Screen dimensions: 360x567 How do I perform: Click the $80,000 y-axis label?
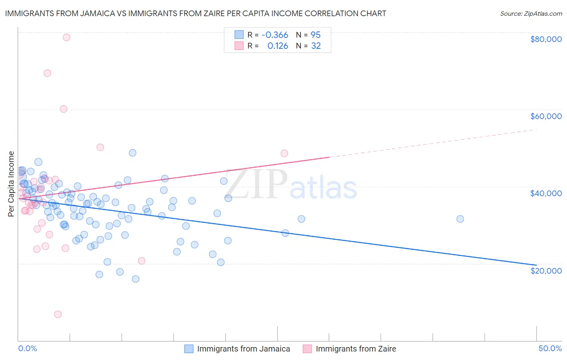click(546, 39)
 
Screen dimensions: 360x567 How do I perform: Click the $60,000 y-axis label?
click(546, 116)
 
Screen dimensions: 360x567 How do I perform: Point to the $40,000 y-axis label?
click(546, 193)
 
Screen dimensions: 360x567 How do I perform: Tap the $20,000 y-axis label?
click(546, 270)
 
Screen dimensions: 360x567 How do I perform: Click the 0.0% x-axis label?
click(27, 348)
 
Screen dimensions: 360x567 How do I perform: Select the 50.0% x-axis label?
click(550, 348)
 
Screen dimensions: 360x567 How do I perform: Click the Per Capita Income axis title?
click(11, 184)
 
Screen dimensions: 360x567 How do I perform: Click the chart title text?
click(196, 14)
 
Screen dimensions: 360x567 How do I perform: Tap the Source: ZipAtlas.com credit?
click(531, 14)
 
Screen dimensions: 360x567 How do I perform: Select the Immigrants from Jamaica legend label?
click(244, 349)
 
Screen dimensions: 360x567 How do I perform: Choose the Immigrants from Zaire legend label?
click(356, 349)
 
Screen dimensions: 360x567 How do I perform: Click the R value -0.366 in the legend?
click(275, 35)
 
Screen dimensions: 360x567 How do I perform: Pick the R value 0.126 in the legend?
click(277, 46)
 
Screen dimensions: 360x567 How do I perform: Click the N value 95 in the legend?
click(315, 35)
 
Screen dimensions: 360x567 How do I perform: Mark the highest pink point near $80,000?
click(67, 37)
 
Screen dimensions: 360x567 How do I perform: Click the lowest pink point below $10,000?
click(58, 314)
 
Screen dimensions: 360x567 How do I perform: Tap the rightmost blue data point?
click(460, 219)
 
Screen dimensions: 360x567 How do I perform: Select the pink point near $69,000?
click(47, 73)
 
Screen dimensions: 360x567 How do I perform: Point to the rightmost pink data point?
click(284, 153)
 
